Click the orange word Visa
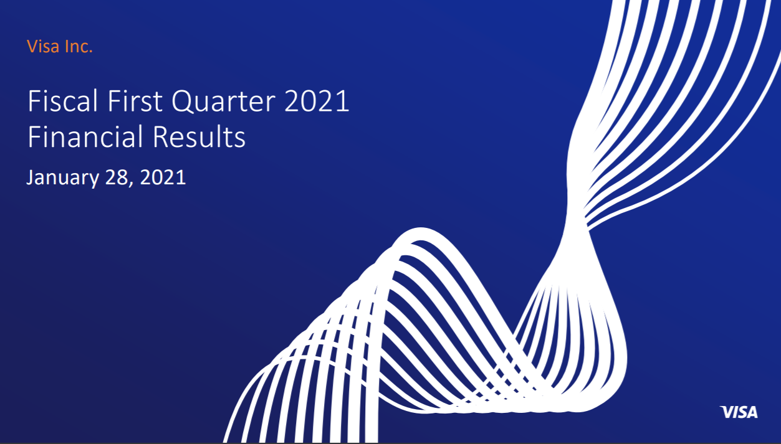point(43,46)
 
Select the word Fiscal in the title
point(63,101)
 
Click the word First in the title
point(135,101)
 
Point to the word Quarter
point(224,102)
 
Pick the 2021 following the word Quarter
point(317,101)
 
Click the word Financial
point(85,136)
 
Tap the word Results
point(199,136)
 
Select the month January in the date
point(63,178)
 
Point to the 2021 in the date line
point(163,177)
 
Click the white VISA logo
point(739,412)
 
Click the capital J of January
point(31,177)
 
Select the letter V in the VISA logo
point(726,412)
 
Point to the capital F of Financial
point(34,136)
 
